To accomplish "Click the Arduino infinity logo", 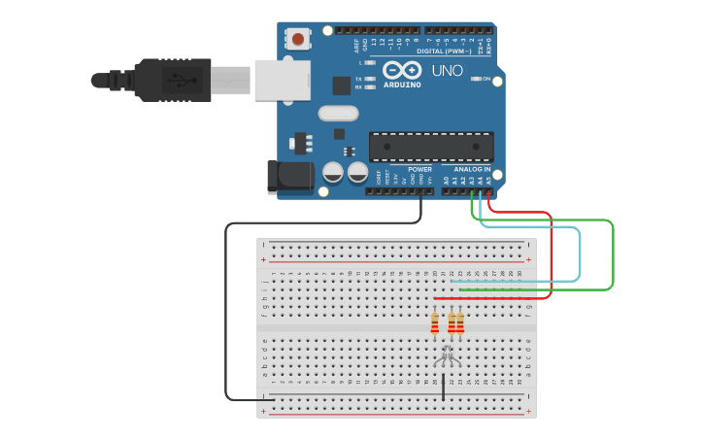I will pos(401,70).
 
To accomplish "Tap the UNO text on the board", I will pos(447,70).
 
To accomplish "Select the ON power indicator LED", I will pos(477,79).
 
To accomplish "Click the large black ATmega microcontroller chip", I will pos(430,147).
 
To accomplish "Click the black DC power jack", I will pos(290,176).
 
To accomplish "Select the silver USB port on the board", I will pos(282,80).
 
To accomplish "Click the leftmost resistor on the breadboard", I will pos(434,323).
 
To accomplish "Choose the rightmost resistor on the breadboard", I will pos(460,323).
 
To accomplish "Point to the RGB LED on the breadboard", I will pos(448,355).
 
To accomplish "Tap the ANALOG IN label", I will pos(473,169).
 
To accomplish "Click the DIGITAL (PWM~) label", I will pos(444,50).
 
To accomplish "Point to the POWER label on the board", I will pos(419,169).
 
